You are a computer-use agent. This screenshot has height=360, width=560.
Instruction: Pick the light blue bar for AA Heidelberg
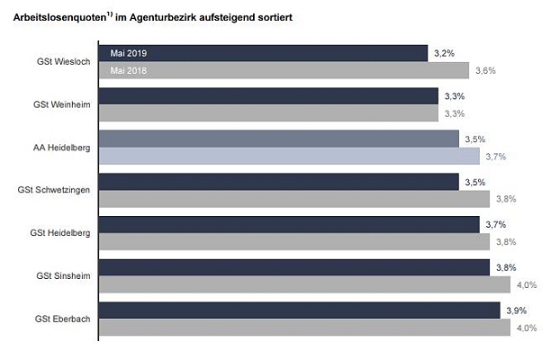pyautogui.click(x=288, y=156)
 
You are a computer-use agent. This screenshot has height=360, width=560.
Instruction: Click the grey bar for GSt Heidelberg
pyautogui.click(x=293, y=241)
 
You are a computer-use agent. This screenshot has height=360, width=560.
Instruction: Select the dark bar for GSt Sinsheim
pyautogui.click(x=293, y=267)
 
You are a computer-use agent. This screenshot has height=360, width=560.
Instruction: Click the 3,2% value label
pyautogui.click(x=443, y=54)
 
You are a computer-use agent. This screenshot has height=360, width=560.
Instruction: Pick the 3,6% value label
pyautogui.click(x=485, y=71)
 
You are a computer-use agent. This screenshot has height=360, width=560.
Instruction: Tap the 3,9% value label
pyautogui.click(x=516, y=310)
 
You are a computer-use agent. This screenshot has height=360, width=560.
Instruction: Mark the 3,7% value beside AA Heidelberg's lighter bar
pyautogui.click(x=496, y=157)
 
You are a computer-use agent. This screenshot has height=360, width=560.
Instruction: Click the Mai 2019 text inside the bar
pyautogui.click(x=128, y=54)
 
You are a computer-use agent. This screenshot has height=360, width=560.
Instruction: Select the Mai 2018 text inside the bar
pyautogui.click(x=128, y=71)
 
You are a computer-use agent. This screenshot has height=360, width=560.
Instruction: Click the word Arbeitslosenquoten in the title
pyautogui.click(x=54, y=16)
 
